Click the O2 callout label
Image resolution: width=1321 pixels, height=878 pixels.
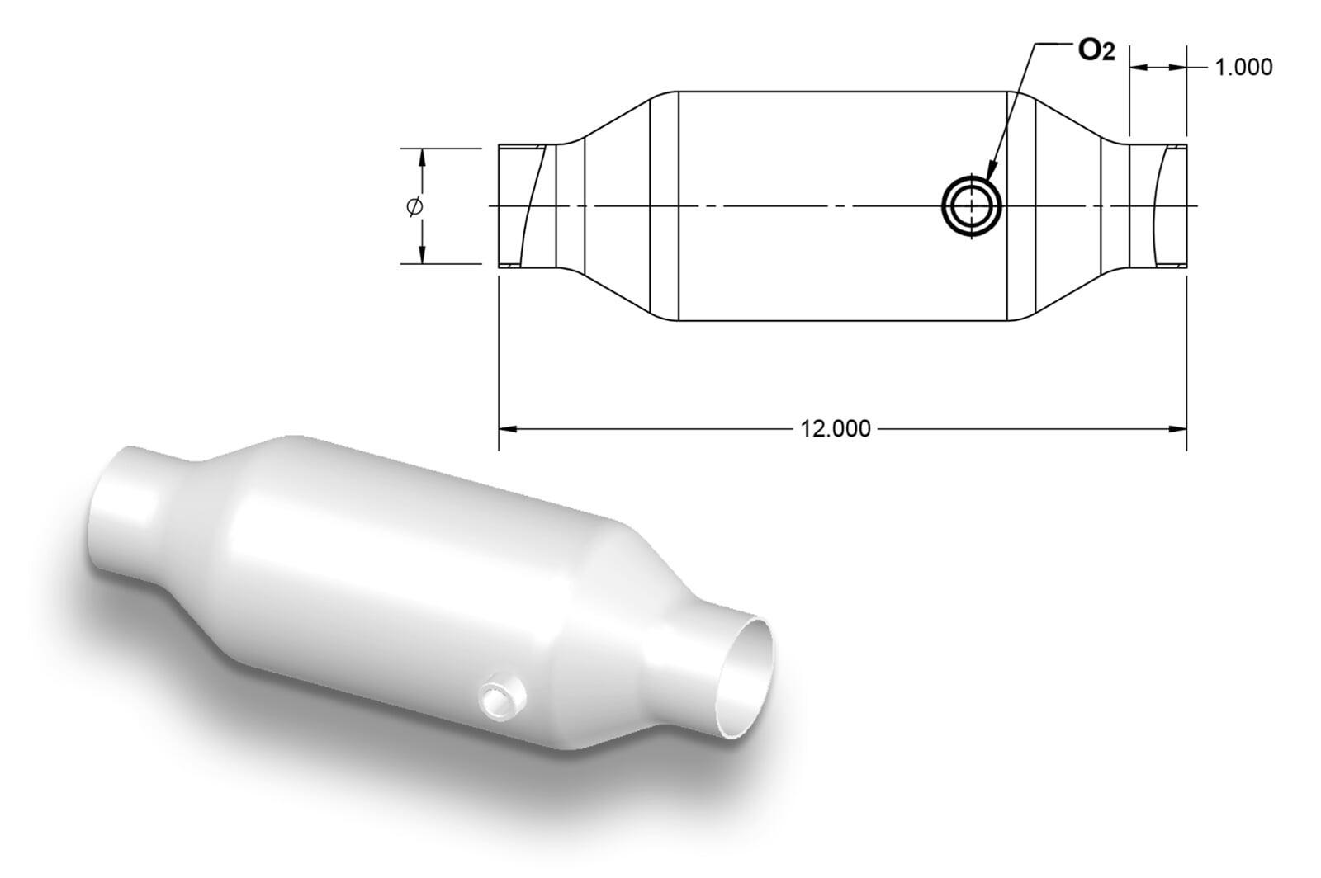(1096, 52)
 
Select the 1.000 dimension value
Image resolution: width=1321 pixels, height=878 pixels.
(1243, 68)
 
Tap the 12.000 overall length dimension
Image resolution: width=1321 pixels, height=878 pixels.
(835, 429)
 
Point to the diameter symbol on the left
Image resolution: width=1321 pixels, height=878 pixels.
(415, 206)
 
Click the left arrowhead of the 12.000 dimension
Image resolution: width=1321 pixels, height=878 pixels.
(509, 429)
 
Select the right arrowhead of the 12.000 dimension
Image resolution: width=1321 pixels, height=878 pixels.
(1177, 429)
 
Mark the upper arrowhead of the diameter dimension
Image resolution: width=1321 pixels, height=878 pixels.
(422, 158)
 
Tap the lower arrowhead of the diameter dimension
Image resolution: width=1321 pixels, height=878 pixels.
(422, 254)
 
